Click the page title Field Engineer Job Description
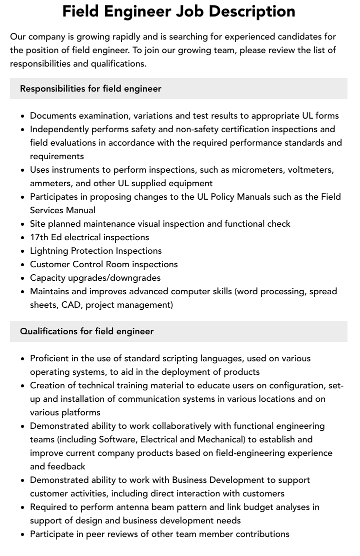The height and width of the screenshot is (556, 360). click(178, 11)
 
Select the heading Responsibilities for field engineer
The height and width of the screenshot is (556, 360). click(90, 89)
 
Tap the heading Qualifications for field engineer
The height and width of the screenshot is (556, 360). click(86, 331)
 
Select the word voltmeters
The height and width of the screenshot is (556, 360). click(309, 170)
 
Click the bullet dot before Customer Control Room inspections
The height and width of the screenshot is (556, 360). click(22, 265)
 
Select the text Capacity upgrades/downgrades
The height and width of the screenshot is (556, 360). click(95, 278)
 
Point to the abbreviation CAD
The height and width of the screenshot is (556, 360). click(70, 305)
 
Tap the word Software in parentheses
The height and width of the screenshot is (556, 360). click(117, 439)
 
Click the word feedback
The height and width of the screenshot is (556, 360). click(66, 466)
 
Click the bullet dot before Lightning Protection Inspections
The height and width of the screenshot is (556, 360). click(22, 251)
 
